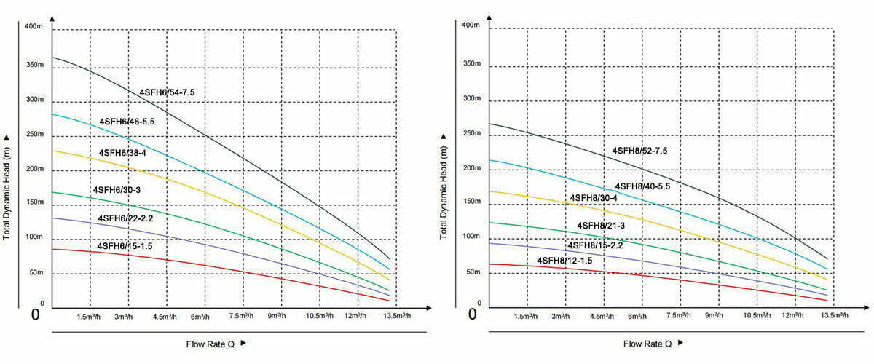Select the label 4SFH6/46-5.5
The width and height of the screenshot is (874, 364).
(127, 121)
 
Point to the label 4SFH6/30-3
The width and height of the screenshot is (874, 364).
(117, 190)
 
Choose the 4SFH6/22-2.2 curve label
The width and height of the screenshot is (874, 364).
(126, 218)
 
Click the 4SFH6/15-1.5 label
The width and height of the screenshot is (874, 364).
(125, 247)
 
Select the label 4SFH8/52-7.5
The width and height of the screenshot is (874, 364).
(639, 151)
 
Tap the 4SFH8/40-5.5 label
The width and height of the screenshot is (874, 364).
(642, 186)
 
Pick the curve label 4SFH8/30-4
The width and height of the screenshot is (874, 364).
(594, 198)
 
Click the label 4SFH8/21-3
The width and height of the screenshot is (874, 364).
(601, 226)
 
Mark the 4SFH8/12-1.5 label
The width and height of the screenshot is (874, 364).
(564, 261)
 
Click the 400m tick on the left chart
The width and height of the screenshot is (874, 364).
(34, 27)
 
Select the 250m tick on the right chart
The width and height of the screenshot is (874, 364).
(472, 134)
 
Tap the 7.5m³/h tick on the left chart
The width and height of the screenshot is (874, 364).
(242, 316)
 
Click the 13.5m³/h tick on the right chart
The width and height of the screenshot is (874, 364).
(833, 316)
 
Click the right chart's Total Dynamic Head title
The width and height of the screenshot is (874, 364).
(444, 187)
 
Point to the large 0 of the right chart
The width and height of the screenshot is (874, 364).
(472, 314)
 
